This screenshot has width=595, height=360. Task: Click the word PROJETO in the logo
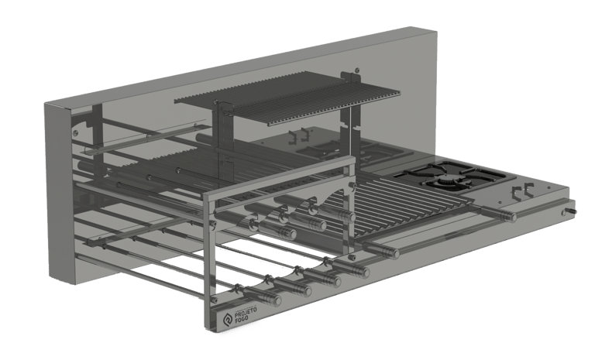[x=246, y=313]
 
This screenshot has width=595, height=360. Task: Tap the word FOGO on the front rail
[x=242, y=319]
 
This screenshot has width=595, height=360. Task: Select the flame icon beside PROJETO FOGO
[x=228, y=320]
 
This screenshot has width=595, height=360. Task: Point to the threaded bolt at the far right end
[x=570, y=211]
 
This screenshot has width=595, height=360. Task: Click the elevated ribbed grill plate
[x=287, y=98]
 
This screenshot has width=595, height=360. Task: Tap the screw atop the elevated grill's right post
[x=356, y=70]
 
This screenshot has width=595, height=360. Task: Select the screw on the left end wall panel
[x=75, y=132]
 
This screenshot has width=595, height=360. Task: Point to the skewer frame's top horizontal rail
[x=279, y=176]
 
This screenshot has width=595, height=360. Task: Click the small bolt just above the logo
[x=214, y=300]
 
